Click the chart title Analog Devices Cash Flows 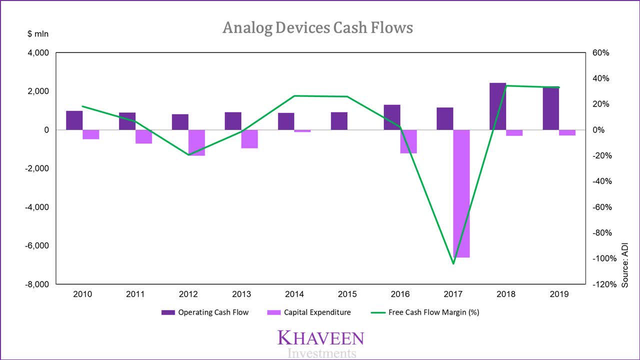tap(318, 27)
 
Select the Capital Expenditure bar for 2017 tap(461, 193)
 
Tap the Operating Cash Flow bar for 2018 tap(497, 106)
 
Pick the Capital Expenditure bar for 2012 tap(197, 142)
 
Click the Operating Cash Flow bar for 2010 tap(74, 120)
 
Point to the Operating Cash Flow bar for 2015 tap(339, 121)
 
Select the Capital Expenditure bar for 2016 tap(408, 141)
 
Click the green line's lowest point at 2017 tap(453, 263)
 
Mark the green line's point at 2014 tap(294, 96)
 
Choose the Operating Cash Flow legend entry tap(205, 312)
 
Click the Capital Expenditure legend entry tap(309, 312)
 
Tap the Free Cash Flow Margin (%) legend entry tap(425, 312)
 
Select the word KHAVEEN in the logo tap(320, 338)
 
